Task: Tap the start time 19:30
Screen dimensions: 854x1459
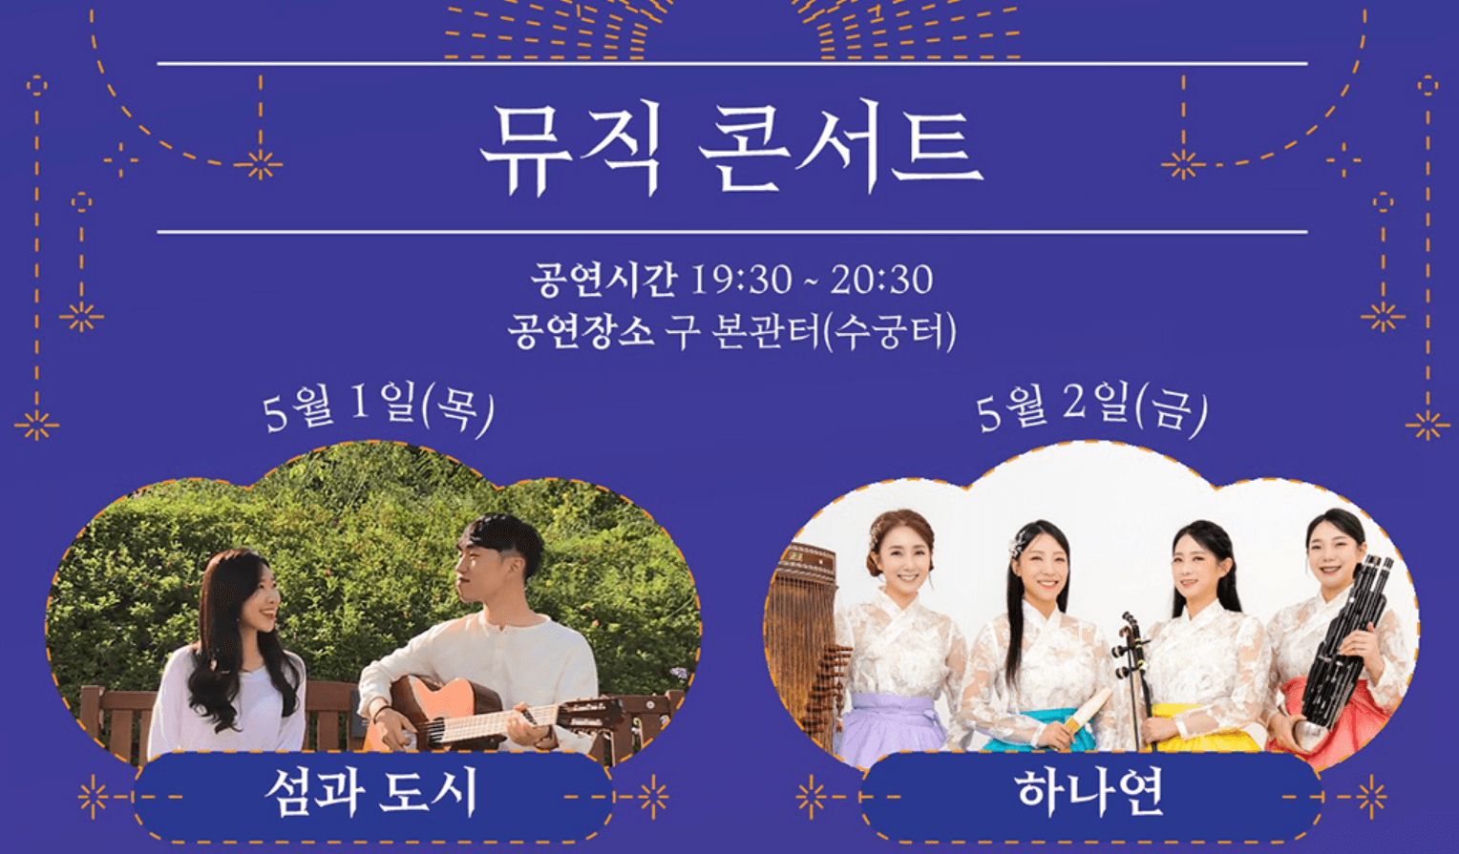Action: [741, 280]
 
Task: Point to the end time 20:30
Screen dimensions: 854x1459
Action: [881, 280]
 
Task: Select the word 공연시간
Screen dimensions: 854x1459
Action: [603, 280]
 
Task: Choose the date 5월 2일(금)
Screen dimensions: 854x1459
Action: [1091, 407]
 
